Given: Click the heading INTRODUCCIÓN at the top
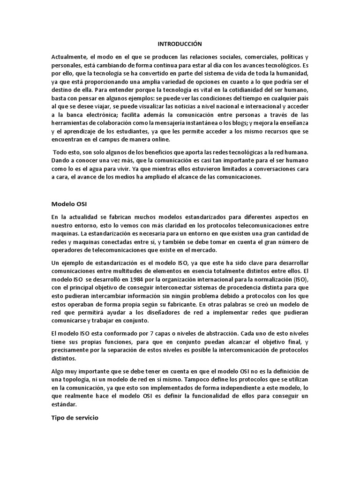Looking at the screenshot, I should (180, 44).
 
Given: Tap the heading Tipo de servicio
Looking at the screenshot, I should (75, 417).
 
